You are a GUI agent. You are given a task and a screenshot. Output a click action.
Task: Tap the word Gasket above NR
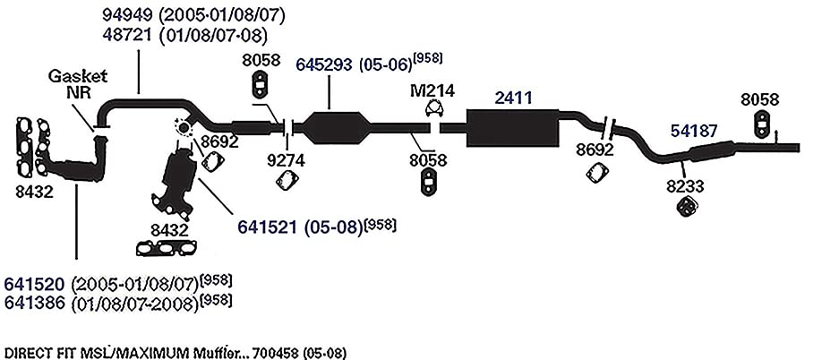tap(78, 75)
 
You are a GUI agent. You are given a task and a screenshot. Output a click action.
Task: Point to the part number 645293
tap(325, 64)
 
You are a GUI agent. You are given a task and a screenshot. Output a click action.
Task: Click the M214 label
tap(432, 90)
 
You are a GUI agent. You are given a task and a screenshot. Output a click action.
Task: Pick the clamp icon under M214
tap(433, 109)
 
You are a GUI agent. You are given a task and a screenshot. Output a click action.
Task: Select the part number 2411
tap(514, 98)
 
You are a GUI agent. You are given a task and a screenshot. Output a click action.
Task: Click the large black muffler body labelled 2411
tap(511, 128)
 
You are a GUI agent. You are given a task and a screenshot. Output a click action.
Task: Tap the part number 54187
tap(694, 131)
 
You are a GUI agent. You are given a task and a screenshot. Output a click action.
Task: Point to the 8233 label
tap(685, 186)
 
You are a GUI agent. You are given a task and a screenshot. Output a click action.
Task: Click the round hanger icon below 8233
tap(686, 207)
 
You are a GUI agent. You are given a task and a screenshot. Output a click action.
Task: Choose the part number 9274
tap(286, 160)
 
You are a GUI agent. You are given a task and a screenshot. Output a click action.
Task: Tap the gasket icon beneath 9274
tap(287, 181)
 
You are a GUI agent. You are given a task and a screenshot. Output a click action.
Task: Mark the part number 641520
tap(35, 284)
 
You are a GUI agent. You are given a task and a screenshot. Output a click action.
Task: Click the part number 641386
tap(35, 304)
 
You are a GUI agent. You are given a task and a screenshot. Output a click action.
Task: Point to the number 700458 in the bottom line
tap(278, 353)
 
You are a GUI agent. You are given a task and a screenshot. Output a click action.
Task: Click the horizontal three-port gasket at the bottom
tap(167, 248)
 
